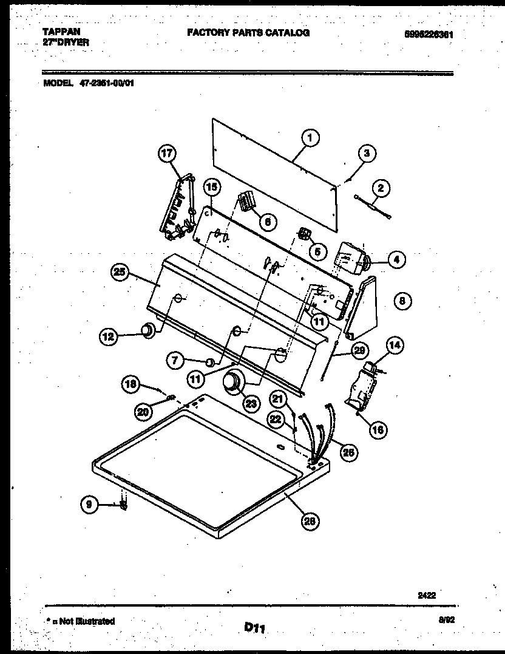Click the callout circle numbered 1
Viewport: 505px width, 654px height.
click(x=310, y=138)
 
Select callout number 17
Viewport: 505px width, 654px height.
click(x=167, y=154)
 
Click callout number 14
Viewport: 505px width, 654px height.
click(x=394, y=346)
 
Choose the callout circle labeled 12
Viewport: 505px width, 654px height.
click(x=109, y=335)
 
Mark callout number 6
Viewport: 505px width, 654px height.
click(x=266, y=221)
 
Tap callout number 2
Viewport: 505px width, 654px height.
click(x=381, y=188)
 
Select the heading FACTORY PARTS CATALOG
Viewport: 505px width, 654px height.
click(x=248, y=33)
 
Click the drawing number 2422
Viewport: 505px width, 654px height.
click(x=427, y=596)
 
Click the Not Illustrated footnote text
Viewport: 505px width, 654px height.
click(x=81, y=621)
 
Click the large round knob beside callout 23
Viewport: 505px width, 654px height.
click(x=231, y=384)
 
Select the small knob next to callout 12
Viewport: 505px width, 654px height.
click(x=146, y=329)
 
